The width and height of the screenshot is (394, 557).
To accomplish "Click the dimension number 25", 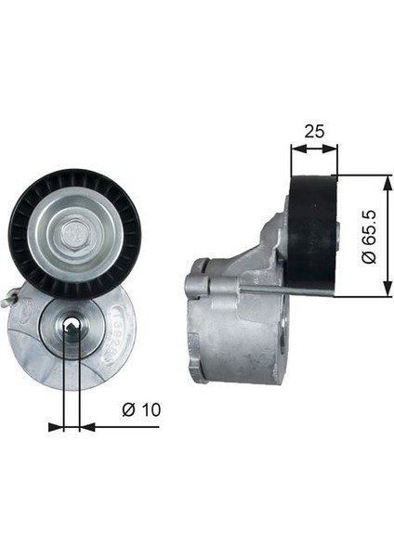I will coord(313,131).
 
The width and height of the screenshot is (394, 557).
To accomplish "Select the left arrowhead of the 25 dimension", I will coord(295,146).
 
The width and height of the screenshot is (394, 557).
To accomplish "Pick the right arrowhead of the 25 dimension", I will coord(334,146).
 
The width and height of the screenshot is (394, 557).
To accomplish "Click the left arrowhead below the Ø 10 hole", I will coord(57,426).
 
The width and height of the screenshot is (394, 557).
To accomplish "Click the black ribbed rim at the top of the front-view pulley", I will coord(74,176).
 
